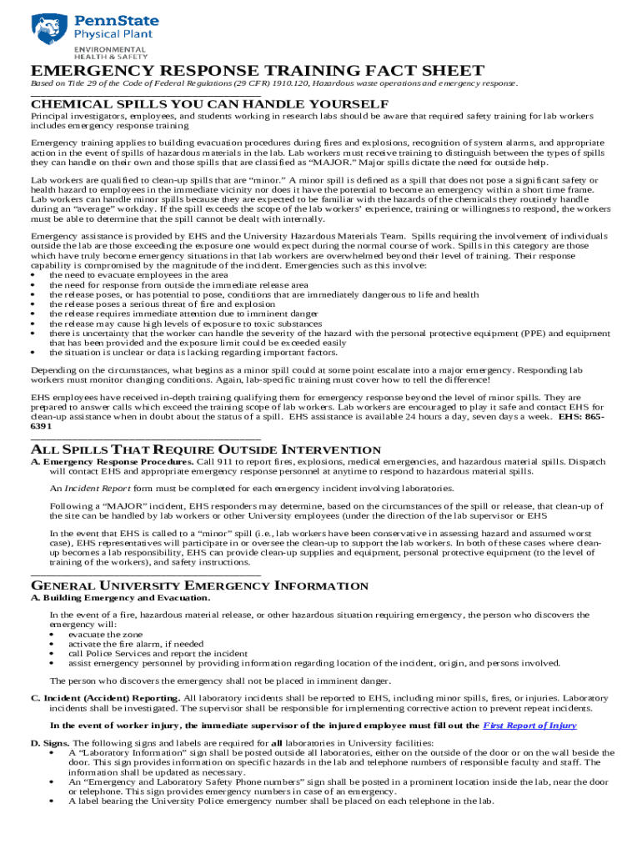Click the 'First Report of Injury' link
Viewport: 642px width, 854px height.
point(529,726)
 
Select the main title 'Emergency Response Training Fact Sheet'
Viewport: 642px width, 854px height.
point(258,71)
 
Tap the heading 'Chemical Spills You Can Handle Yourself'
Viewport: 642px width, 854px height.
point(209,104)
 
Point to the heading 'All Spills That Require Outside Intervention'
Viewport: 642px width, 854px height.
point(206,450)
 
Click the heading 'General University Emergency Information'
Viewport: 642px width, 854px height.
point(199,586)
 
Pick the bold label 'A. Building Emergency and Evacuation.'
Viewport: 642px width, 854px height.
point(120,598)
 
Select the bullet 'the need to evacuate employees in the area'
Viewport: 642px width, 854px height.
point(138,274)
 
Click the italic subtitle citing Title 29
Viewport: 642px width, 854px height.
point(274,84)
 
